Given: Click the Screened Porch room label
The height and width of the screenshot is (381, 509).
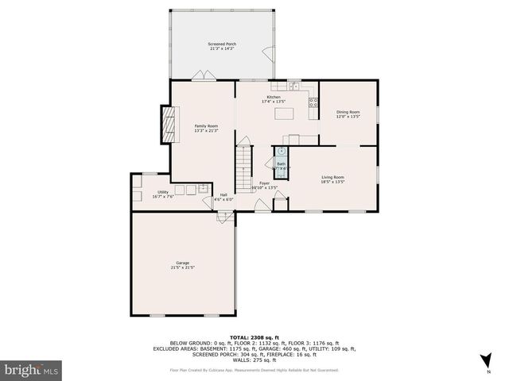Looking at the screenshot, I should point(223,46).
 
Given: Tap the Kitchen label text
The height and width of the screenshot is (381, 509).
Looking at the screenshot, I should point(274,99).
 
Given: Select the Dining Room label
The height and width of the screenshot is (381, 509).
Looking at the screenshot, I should point(348,114).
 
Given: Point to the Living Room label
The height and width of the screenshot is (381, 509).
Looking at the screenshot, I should point(332,179).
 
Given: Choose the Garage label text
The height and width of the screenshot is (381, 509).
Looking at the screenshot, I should point(183,265).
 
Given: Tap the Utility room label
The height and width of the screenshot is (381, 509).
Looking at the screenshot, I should point(163,194).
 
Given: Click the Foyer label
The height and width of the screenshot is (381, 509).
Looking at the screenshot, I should point(264,185).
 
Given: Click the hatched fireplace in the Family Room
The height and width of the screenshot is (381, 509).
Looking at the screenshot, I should point(167,125).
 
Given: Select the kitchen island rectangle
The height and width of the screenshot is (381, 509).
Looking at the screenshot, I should point(284,114).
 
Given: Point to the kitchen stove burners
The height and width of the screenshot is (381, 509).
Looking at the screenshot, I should point(312,101).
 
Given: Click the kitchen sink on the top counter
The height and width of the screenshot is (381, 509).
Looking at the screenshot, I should point(292,84).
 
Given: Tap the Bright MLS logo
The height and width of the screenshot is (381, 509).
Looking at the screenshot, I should point(32,370).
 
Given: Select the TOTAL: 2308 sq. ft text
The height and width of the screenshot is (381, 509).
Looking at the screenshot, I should point(254,337).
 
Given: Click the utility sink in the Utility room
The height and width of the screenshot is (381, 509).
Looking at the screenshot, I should point(204,189).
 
